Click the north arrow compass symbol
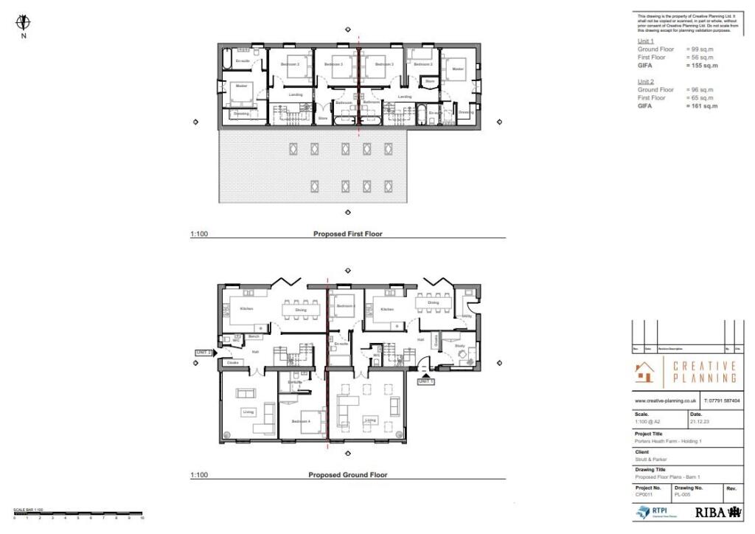click(24, 22)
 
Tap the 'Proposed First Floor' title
click(347, 234)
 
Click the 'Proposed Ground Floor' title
click(347, 475)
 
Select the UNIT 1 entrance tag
click(426, 381)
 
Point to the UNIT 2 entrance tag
click(204, 353)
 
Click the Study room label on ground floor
click(459, 345)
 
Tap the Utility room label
click(466, 316)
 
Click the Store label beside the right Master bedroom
click(430, 80)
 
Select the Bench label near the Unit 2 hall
click(254, 336)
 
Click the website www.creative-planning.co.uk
click(666, 400)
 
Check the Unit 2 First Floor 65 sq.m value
click(701, 98)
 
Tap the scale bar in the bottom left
click(77, 513)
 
